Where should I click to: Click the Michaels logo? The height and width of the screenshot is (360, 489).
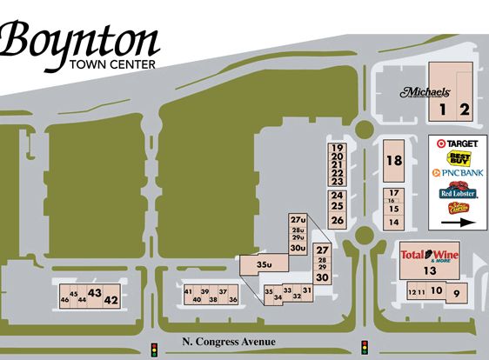point(425,91)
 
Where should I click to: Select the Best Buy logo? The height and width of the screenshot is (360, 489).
point(458,157)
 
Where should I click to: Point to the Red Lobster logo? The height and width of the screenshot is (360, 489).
point(458,192)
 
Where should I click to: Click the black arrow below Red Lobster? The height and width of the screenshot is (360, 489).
point(458,222)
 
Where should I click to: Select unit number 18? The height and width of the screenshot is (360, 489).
point(394,160)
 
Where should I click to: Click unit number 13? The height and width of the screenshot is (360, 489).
point(429,271)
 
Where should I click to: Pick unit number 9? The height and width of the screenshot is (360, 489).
point(456,293)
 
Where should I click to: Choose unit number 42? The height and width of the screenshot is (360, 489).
point(111,300)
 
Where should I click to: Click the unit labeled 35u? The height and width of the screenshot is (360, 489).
point(265,263)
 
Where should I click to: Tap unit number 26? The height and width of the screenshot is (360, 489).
point(337,220)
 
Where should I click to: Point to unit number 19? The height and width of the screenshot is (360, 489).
point(337,148)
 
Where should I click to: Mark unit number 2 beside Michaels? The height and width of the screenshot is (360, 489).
point(465,110)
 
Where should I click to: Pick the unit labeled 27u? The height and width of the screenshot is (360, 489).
point(298,220)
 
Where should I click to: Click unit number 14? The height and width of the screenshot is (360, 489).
point(393,223)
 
